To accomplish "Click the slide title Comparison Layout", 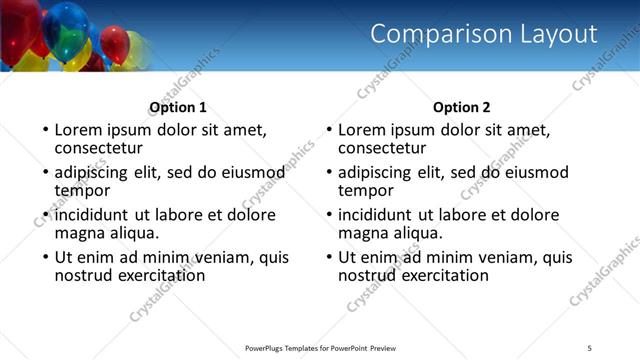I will click(x=484, y=34).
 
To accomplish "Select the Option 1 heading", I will click(x=178, y=107).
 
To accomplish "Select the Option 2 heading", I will click(x=462, y=107).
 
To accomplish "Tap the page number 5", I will click(x=590, y=347).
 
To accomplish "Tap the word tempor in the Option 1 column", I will click(x=82, y=190).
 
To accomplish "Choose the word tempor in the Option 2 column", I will click(x=366, y=190).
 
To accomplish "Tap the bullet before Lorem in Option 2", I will click(x=329, y=131).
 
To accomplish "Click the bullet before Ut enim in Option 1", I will click(x=45, y=258).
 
